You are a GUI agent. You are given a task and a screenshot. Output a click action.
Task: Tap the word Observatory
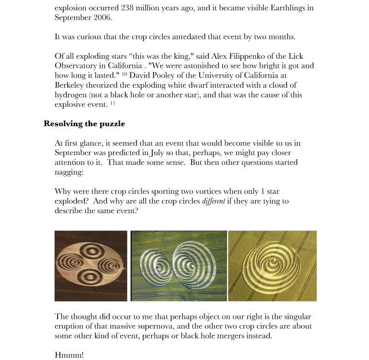tap(77, 66)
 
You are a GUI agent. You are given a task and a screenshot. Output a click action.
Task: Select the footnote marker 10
tap(125, 74)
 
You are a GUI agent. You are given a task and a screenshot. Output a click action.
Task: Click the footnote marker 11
tap(113, 103)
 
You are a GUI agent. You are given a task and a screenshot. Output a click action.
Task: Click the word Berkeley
tap(70, 85)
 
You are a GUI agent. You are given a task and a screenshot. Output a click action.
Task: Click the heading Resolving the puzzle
tap(84, 123)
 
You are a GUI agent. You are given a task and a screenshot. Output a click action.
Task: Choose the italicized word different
tap(214, 201)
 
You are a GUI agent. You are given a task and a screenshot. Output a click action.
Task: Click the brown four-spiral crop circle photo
tap(90, 265)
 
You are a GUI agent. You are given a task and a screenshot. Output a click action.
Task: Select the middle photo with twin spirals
tap(179, 265)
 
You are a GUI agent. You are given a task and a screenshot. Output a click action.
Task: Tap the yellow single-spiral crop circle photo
tap(272, 265)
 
